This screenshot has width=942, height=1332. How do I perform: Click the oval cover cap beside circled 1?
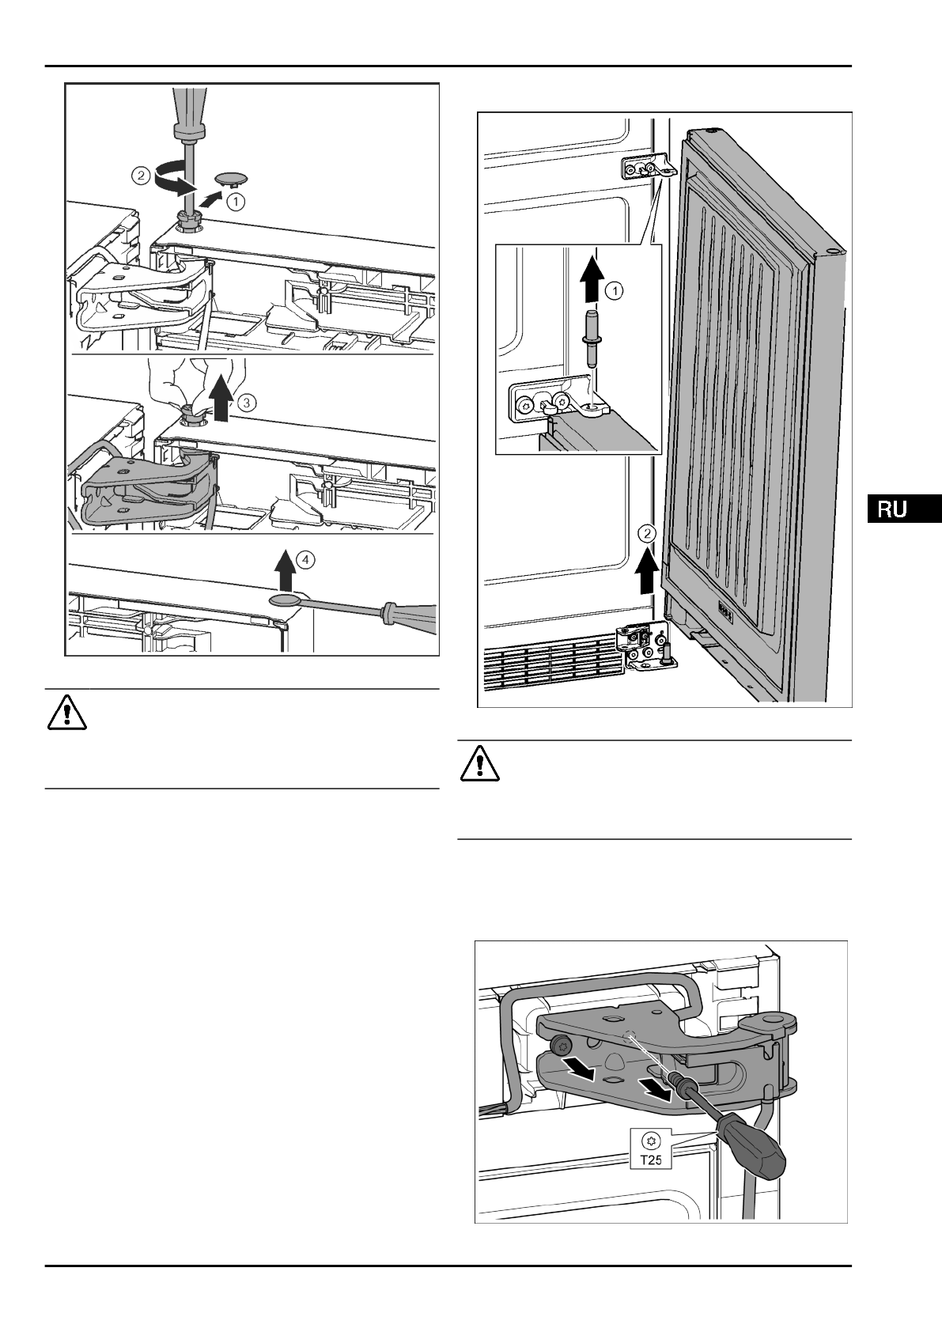[x=229, y=176]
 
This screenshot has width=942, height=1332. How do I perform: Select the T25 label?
[x=651, y=1161]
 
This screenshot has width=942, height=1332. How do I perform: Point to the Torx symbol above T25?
[x=651, y=1141]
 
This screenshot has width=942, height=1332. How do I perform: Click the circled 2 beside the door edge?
[x=648, y=533]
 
